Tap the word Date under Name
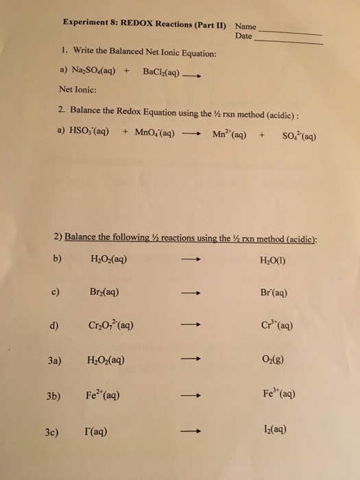tap(243, 34)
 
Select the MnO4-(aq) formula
tap(154, 133)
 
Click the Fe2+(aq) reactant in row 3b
tap(106, 396)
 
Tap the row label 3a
tap(54, 360)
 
